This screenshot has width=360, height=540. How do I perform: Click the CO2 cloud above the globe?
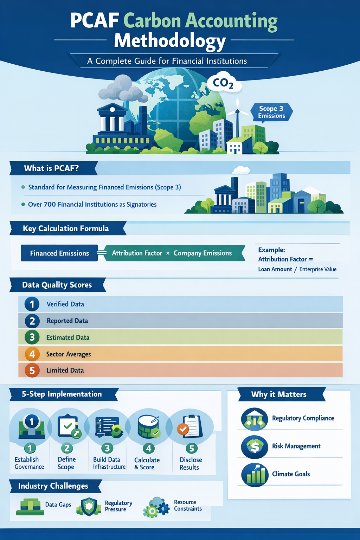click(x=224, y=82)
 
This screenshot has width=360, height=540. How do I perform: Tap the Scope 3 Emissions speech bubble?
click(x=271, y=112)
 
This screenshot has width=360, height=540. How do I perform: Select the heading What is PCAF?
click(x=51, y=168)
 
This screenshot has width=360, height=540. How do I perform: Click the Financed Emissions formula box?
click(x=59, y=253)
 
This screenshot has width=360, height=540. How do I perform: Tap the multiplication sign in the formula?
click(x=168, y=253)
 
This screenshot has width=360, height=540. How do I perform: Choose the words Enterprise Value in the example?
click(x=318, y=269)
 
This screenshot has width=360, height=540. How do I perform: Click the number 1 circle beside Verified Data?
click(x=32, y=304)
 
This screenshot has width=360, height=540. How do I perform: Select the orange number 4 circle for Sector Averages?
click(x=32, y=354)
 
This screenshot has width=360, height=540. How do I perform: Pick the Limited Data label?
click(x=65, y=370)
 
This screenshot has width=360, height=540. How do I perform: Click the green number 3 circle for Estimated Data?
click(x=32, y=337)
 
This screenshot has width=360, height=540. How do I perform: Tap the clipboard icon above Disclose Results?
click(x=191, y=426)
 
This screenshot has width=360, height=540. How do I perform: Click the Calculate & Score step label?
click(x=147, y=463)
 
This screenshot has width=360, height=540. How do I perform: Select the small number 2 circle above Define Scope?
click(x=67, y=448)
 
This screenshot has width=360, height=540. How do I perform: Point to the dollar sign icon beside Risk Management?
click(x=255, y=447)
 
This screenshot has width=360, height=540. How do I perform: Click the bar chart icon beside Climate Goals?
click(x=255, y=475)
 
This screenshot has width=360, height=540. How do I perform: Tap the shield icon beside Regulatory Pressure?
click(x=89, y=507)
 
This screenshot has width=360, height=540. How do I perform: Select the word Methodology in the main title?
click(x=170, y=41)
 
